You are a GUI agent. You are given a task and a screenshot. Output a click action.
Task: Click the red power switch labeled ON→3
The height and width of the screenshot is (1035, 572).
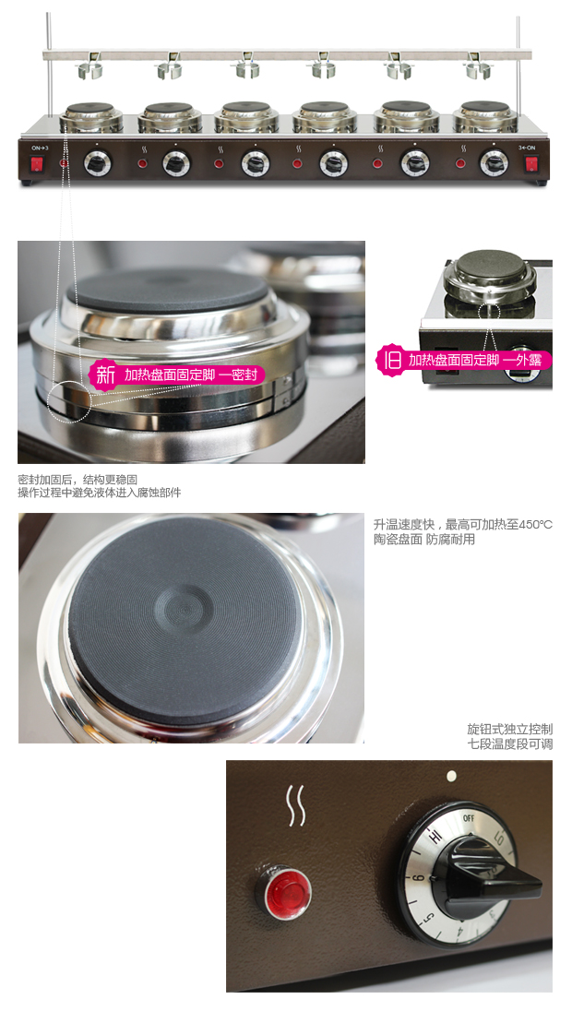(37, 163)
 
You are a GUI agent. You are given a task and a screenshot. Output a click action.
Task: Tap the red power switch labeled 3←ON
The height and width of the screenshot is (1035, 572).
(530, 163)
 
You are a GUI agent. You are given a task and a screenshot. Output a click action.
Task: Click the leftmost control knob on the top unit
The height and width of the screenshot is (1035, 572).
(98, 163)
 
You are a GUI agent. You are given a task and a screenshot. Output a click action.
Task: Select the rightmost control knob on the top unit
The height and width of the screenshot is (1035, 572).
(494, 163)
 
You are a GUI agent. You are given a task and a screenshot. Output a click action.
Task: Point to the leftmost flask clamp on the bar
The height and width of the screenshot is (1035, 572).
(89, 68)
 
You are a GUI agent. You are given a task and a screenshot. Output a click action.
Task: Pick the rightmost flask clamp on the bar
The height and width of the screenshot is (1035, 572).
(478, 68)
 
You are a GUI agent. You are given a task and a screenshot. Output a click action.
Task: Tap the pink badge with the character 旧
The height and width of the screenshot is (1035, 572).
(392, 360)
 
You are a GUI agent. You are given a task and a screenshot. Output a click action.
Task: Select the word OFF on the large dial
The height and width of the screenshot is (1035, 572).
(469, 818)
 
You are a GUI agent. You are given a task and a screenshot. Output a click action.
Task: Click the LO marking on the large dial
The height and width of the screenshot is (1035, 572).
(500, 839)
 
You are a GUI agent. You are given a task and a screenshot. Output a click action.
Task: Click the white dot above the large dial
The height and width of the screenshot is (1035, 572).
(452, 777)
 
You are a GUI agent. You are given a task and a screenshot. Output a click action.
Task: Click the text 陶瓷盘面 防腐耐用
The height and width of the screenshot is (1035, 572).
(424, 540)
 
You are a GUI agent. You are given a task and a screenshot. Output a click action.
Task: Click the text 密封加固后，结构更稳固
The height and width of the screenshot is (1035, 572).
(77, 479)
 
